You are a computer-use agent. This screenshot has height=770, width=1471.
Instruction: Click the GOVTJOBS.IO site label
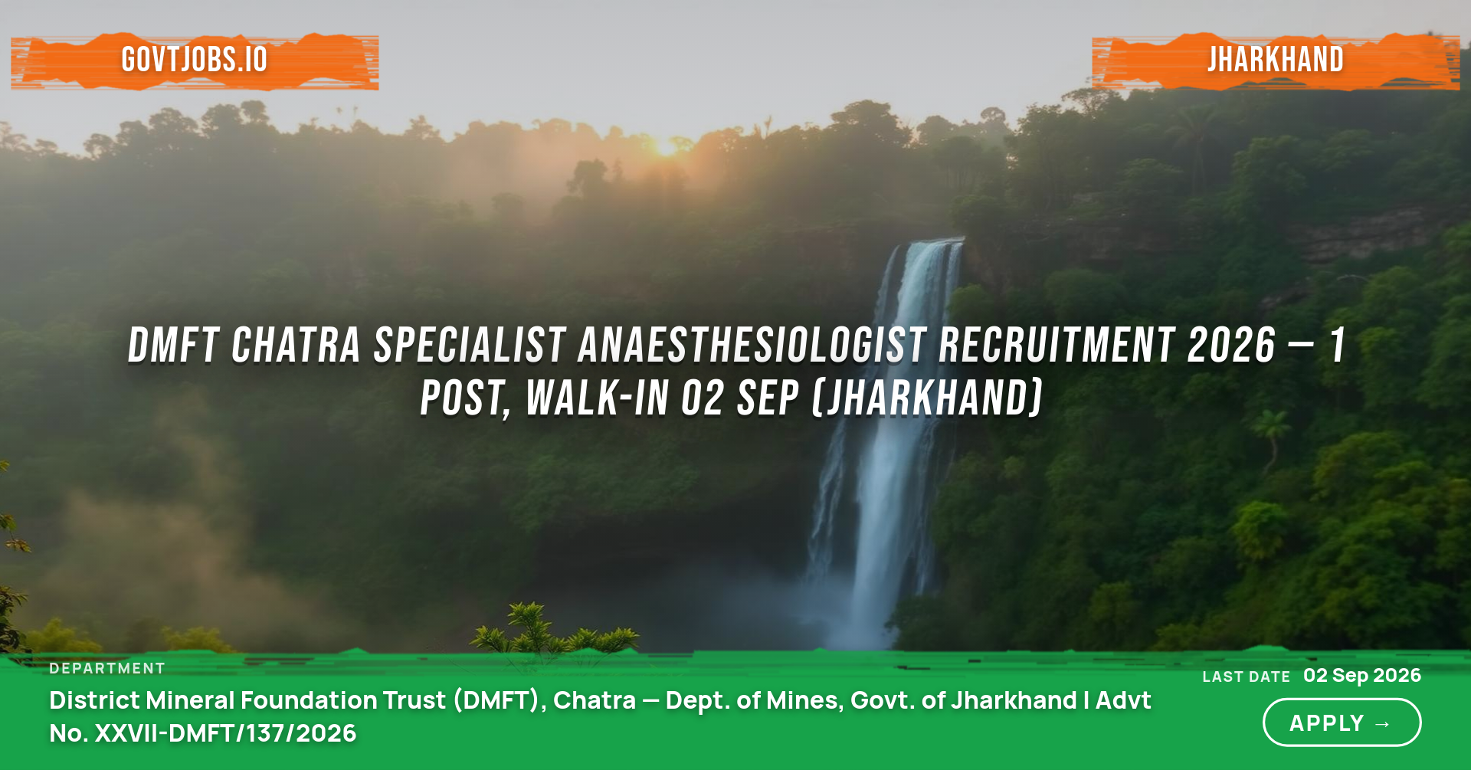(x=195, y=60)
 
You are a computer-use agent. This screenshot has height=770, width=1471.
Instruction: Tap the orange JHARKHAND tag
(x=1276, y=61)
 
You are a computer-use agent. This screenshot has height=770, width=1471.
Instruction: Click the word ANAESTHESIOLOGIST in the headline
(x=752, y=345)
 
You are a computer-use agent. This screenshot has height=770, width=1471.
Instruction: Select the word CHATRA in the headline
(x=296, y=345)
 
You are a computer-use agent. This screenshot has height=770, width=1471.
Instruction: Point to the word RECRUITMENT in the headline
(x=1057, y=345)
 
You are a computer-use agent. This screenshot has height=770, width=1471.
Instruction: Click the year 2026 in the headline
(x=1232, y=345)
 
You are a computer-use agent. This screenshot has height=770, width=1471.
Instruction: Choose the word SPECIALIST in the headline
(x=470, y=345)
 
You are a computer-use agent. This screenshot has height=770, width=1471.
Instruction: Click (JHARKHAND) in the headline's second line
(x=927, y=398)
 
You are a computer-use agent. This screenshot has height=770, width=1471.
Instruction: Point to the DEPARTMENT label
(x=107, y=669)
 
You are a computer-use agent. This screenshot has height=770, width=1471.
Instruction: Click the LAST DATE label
(x=1247, y=677)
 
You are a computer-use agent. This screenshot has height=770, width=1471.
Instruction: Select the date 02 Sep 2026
(x=1362, y=675)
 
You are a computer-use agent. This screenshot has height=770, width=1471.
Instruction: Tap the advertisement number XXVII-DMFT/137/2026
(x=224, y=733)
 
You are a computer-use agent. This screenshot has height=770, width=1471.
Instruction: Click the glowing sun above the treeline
(x=666, y=146)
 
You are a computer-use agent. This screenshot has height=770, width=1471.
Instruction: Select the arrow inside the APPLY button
(x=1383, y=724)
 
